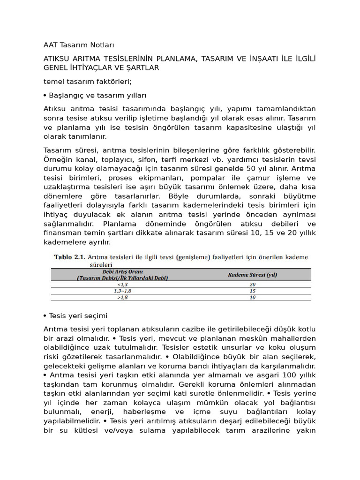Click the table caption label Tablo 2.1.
click(x=70, y=257)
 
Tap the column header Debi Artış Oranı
click(x=122, y=271)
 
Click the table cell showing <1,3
click(x=122, y=284)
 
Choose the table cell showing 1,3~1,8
click(x=122, y=291)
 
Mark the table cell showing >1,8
click(x=122, y=297)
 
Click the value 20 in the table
click(x=252, y=284)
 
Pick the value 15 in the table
click(x=252, y=291)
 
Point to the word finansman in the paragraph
click(x=63, y=233)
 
